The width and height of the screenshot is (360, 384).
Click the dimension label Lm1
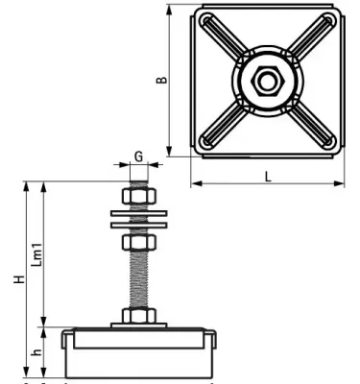pyautogui.click(x=38, y=252)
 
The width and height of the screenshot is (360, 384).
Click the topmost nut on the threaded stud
pyautogui.click(x=138, y=198)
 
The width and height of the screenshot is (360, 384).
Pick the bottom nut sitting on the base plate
pyautogui.click(x=138, y=317)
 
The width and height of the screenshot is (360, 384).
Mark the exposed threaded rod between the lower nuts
pyautogui.click(x=138, y=278)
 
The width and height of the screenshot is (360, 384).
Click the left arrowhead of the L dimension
pyautogui.click(x=193, y=183)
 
